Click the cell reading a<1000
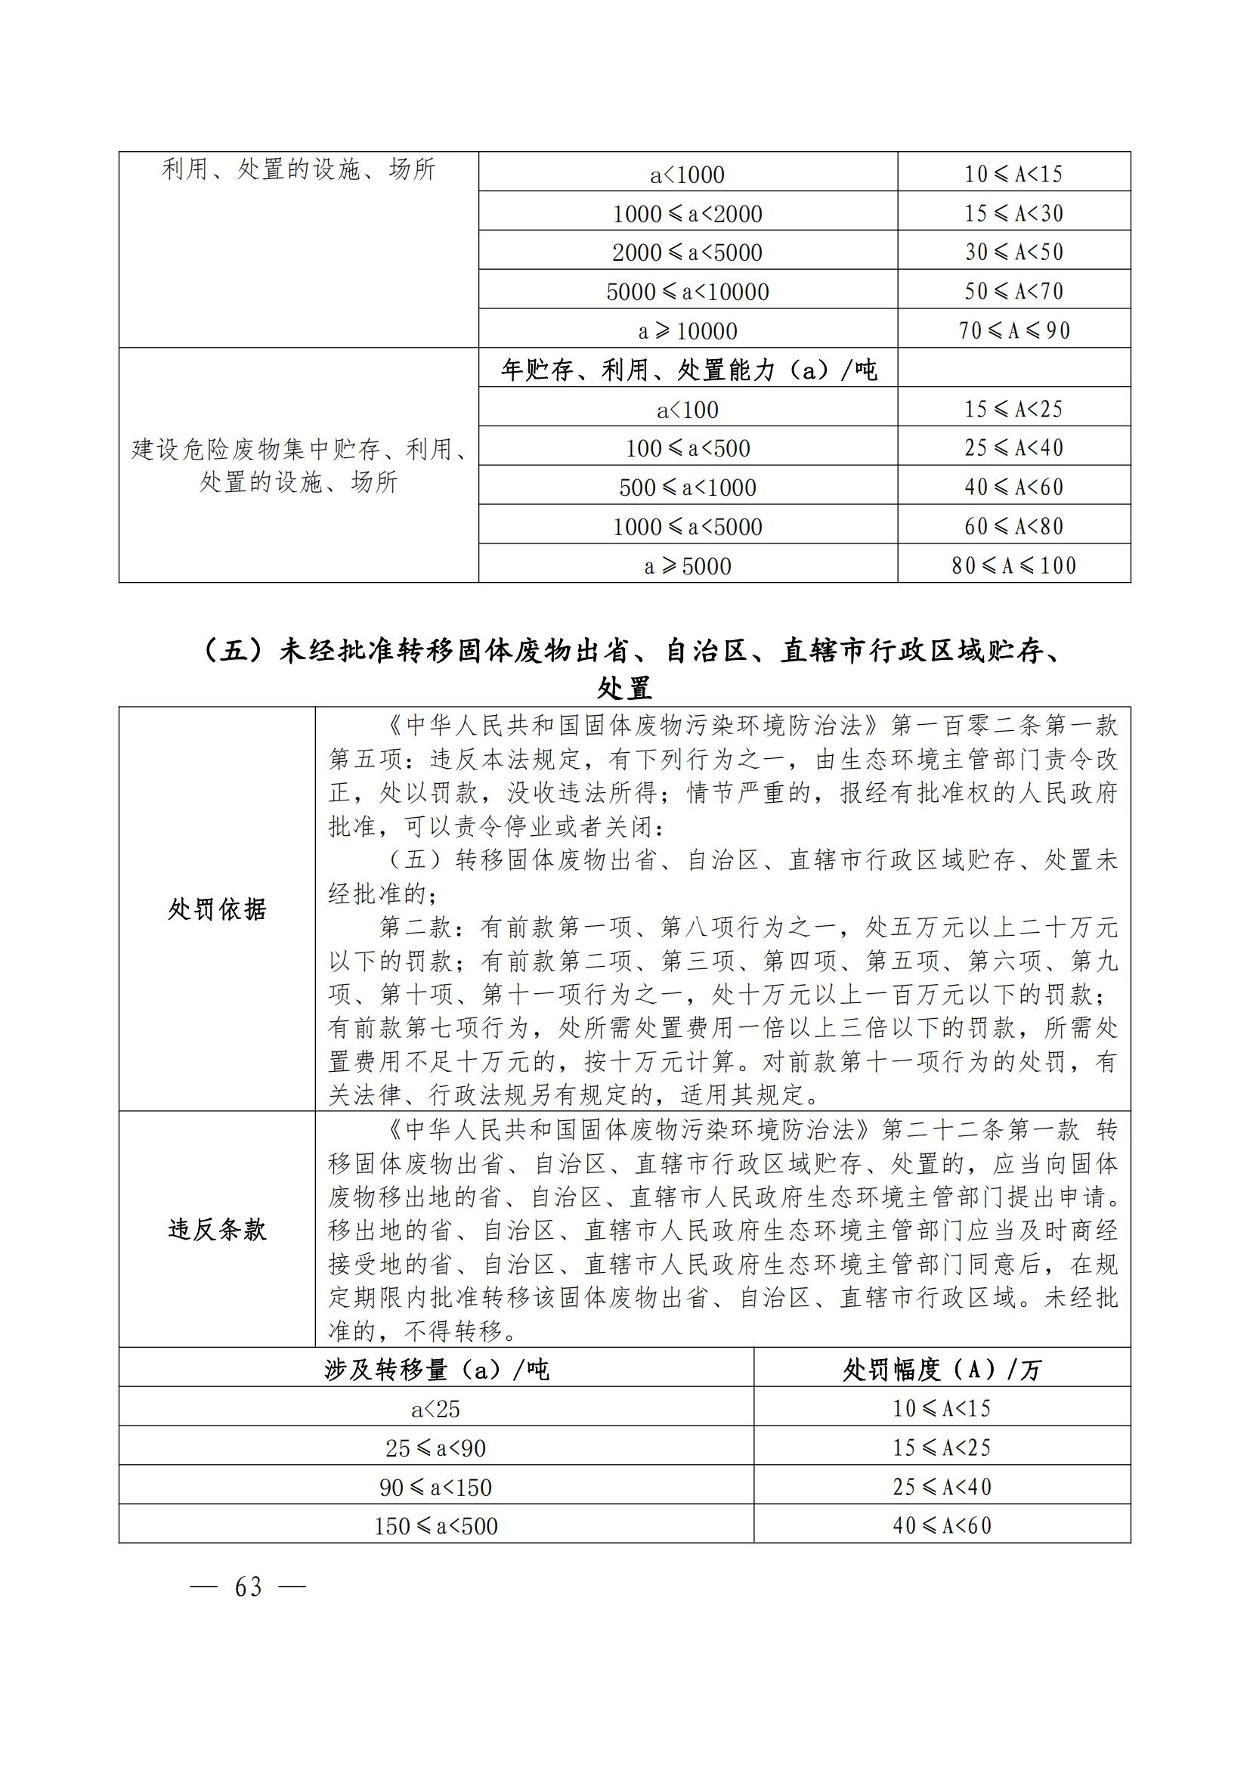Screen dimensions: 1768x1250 pos(687,175)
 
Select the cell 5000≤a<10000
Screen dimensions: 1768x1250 pos(687,292)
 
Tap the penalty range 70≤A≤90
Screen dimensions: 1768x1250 pos(1013,330)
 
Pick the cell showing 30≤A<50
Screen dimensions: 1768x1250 pos(1013,252)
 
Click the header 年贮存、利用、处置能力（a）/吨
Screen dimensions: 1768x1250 pos(687,370)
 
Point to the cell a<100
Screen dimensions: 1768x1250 pos(687,410)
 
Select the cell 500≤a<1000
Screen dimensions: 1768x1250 pos(687,488)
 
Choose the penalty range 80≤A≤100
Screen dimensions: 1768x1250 pos(1013,566)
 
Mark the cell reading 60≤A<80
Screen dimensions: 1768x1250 pos(1013,527)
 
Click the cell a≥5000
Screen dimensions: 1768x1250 pos(687,566)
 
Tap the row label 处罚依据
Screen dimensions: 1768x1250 pos(217,909)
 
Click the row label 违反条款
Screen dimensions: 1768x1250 pos(217,1230)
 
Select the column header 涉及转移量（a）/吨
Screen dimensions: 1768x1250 pos(436,1369)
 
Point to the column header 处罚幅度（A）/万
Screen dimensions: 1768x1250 pos(942,1369)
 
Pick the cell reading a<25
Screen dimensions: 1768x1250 pos(436,1409)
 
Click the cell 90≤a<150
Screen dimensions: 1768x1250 pos(436,1487)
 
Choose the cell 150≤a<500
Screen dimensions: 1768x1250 pos(436,1525)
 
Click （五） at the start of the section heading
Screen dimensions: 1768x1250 pos(232,652)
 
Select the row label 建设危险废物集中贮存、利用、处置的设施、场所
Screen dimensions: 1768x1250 pos(299,465)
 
